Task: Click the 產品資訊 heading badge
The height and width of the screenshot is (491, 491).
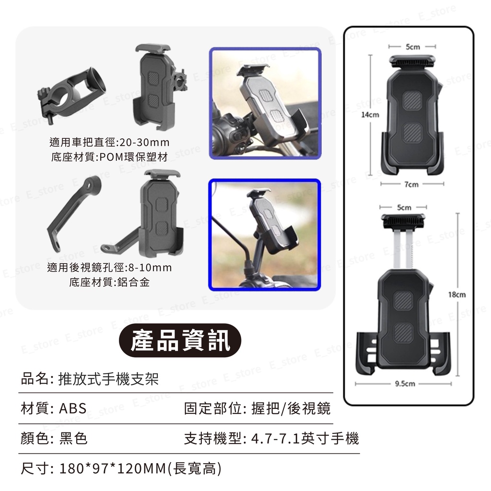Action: point(180,341)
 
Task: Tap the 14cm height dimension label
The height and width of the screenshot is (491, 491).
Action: point(370,115)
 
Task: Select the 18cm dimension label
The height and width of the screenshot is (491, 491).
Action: point(456,294)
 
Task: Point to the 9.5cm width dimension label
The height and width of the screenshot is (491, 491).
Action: point(405,384)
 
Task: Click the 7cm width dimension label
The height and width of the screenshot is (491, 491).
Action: point(411,185)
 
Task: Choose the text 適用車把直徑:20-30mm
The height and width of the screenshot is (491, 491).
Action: point(109,142)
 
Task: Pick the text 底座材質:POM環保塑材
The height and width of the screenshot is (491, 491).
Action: point(109,157)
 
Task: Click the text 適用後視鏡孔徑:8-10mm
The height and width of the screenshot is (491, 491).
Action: point(109,268)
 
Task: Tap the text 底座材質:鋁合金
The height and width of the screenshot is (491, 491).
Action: point(109,282)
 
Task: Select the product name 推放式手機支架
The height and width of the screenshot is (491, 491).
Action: point(108,379)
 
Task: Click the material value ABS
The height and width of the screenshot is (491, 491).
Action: point(73,409)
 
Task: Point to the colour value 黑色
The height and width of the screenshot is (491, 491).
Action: point(73,438)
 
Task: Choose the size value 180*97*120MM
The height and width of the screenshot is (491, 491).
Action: point(112,468)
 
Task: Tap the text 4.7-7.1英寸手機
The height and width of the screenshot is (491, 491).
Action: point(305,438)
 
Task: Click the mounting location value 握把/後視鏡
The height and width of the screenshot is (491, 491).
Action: point(291,409)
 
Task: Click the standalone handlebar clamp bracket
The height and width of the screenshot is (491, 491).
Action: point(71,95)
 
